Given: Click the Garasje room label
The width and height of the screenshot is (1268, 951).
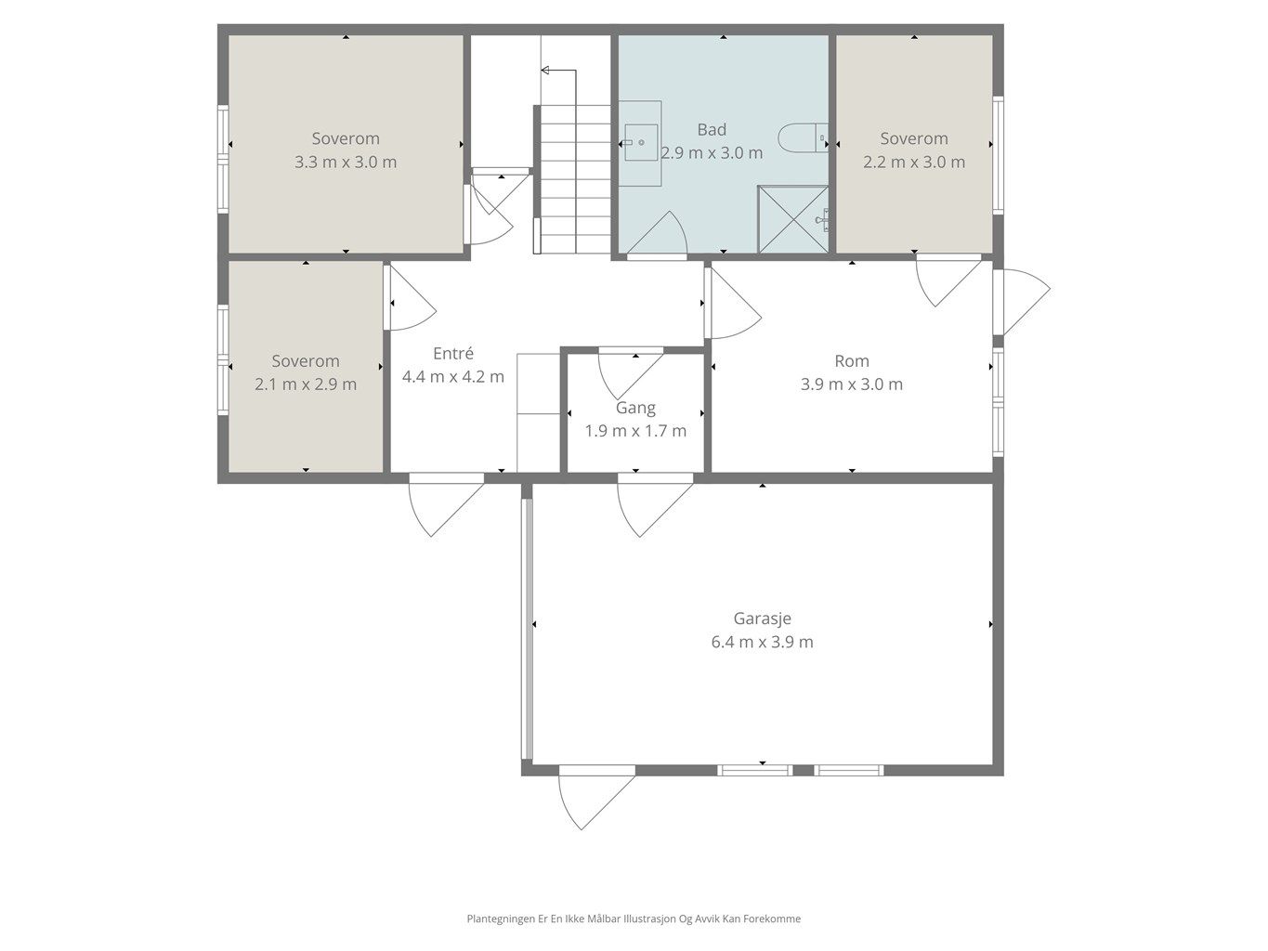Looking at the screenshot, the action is tap(762, 619).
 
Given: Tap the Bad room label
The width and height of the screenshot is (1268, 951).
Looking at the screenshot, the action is tap(712, 130).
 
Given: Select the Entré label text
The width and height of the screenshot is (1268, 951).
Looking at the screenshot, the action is tap(453, 353).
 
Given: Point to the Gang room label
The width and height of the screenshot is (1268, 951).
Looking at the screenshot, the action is tap(635, 409).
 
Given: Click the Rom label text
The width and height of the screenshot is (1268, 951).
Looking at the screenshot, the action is tap(852, 361).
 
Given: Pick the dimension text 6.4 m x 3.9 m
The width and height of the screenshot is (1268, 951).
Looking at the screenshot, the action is tap(762, 642).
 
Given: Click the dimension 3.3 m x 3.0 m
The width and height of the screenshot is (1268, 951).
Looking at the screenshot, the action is tap(346, 162).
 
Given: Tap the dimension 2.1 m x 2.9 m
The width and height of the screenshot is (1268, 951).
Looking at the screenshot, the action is tap(306, 384).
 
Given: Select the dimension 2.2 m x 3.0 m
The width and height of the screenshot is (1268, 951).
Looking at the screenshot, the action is tap(914, 162).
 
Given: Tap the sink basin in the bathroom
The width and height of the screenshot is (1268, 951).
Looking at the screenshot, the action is tap(641, 142).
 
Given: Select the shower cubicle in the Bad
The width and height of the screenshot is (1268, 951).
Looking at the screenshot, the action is tap(793, 219).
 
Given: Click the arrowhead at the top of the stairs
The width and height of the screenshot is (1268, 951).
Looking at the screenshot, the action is tap(544, 71).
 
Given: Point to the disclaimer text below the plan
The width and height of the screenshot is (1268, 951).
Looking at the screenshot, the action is tap(634, 918).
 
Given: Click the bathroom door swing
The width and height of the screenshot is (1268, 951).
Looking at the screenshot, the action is tap(657, 233).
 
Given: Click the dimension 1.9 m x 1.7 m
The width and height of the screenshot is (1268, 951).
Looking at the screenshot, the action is tap(635, 431).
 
